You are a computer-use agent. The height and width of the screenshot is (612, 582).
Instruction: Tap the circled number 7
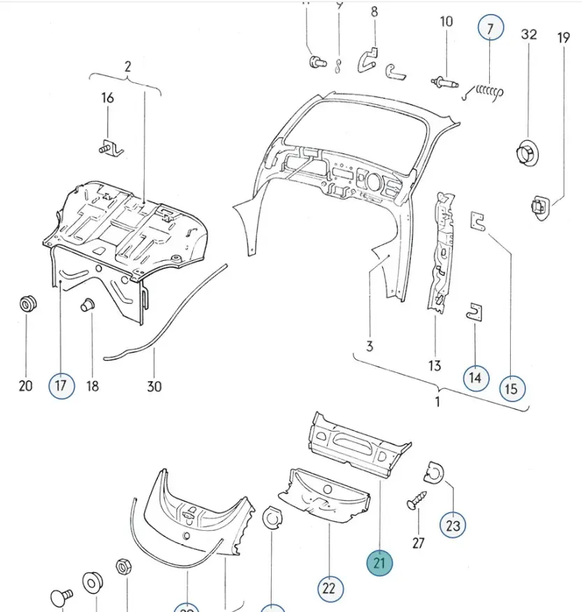click(x=490, y=29)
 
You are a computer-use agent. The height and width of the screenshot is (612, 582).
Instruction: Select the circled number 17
click(x=61, y=385)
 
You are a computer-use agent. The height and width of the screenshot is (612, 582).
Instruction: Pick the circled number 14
click(x=475, y=378)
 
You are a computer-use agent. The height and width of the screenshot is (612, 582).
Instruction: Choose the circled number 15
click(x=511, y=387)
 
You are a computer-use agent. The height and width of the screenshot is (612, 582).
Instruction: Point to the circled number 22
click(x=329, y=588)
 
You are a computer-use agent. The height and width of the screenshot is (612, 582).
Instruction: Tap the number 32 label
click(x=529, y=34)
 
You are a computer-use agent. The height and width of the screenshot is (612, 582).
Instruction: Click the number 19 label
click(x=564, y=37)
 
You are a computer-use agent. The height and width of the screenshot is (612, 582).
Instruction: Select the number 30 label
click(x=154, y=385)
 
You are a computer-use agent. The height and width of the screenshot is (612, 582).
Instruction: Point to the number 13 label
click(x=435, y=365)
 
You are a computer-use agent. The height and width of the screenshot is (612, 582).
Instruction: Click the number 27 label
click(x=419, y=542)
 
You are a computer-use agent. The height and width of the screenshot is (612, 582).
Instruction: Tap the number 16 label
click(x=108, y=98)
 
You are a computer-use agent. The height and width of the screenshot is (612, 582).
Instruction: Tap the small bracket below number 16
click(x=109, y=148)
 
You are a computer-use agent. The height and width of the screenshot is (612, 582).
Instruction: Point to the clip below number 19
click(x=539, y=206)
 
